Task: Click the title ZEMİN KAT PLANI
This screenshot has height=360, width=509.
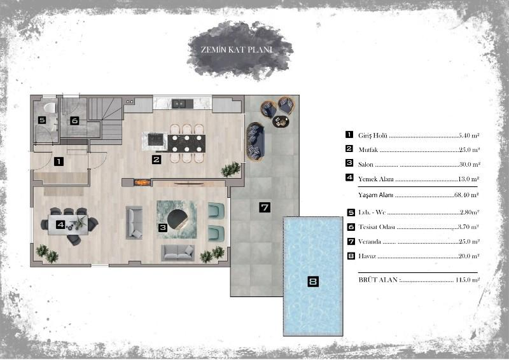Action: click(x=237, y=50)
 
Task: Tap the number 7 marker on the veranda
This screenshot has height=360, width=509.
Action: click(x=265, y=207)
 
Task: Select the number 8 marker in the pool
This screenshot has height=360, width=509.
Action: click(x=313, y=281)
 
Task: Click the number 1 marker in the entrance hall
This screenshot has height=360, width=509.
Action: click(x=59, y=162)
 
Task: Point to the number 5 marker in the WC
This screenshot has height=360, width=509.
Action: click(x=42, y=120)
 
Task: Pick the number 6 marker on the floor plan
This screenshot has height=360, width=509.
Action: click(x=74, y=121)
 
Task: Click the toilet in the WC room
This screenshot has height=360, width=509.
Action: click(x=50, y=107)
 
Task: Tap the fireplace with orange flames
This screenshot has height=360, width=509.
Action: click(x=143, y=183)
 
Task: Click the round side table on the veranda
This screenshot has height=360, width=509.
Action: click(x=281, y=121)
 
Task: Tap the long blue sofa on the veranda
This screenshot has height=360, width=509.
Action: click(x=256, y=142)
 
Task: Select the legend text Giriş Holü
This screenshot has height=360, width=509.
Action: click(x=373, y=135)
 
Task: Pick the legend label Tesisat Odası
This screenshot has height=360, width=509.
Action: click(x=377, y=227)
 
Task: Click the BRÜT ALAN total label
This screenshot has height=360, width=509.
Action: click(x=379, y=280)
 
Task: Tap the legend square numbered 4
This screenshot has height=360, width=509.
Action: click(x=349, y=177)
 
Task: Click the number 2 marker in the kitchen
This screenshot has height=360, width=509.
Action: click(x=157, y=160)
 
